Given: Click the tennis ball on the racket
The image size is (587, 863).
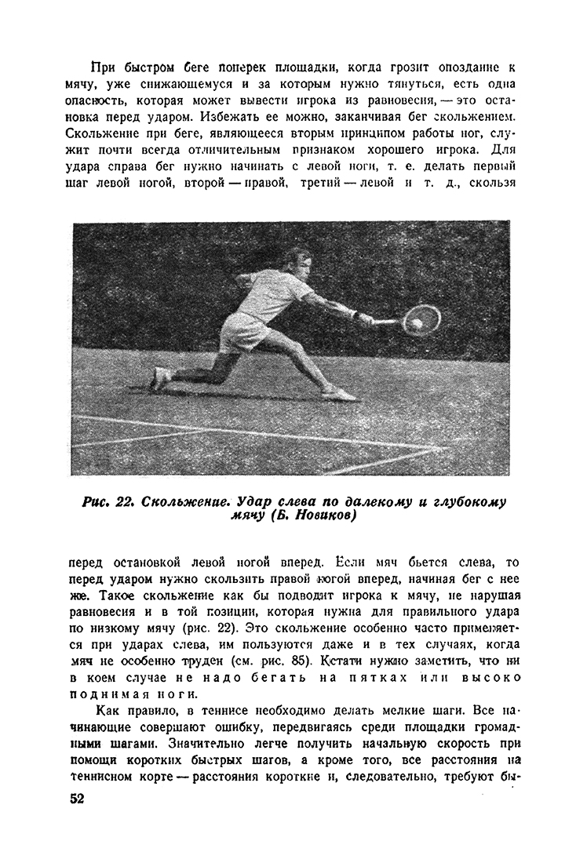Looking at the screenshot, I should (417, 322).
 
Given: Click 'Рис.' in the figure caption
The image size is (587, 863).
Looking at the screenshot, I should (97, 502).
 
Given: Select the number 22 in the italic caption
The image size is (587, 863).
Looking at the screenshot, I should (127, 502).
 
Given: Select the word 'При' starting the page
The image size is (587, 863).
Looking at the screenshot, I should (103, 68).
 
